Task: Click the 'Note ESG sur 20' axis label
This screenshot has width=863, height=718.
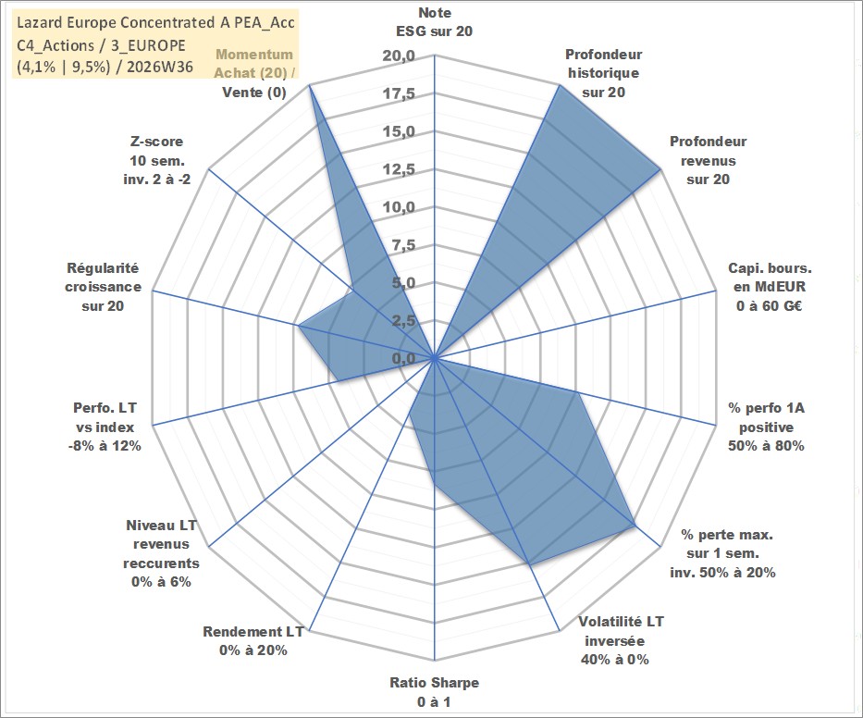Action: coord(434,22)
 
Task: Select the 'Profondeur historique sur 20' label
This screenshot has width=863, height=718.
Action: coord(603,73)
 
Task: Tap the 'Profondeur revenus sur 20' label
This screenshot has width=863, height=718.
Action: coord(708,160)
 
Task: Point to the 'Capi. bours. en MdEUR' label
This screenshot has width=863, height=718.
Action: coord(770,278)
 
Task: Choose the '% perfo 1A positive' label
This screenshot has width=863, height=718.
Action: coord(766,417)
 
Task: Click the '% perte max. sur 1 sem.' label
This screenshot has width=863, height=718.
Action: coord(726,543)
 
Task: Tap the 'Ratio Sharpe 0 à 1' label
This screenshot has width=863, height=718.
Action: coord(434,692)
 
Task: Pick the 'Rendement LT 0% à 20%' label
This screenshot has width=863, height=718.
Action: coord(253,641)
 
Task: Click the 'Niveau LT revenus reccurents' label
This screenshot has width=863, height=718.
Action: coord(161,544)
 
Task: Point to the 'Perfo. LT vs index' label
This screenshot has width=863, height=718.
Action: coord(105,417)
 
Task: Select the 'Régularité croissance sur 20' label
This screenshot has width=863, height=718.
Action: coord(103,287)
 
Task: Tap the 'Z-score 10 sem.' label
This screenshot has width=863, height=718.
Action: coord(157,151)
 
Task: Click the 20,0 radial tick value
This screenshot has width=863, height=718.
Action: coord(399,56)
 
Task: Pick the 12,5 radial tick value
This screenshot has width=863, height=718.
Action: coord(399,169)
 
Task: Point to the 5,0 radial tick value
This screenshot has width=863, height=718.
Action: coord(403,283)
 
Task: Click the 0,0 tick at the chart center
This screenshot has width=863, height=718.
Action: coord(403,358)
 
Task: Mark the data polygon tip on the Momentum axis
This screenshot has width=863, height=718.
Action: coord(310,85)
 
